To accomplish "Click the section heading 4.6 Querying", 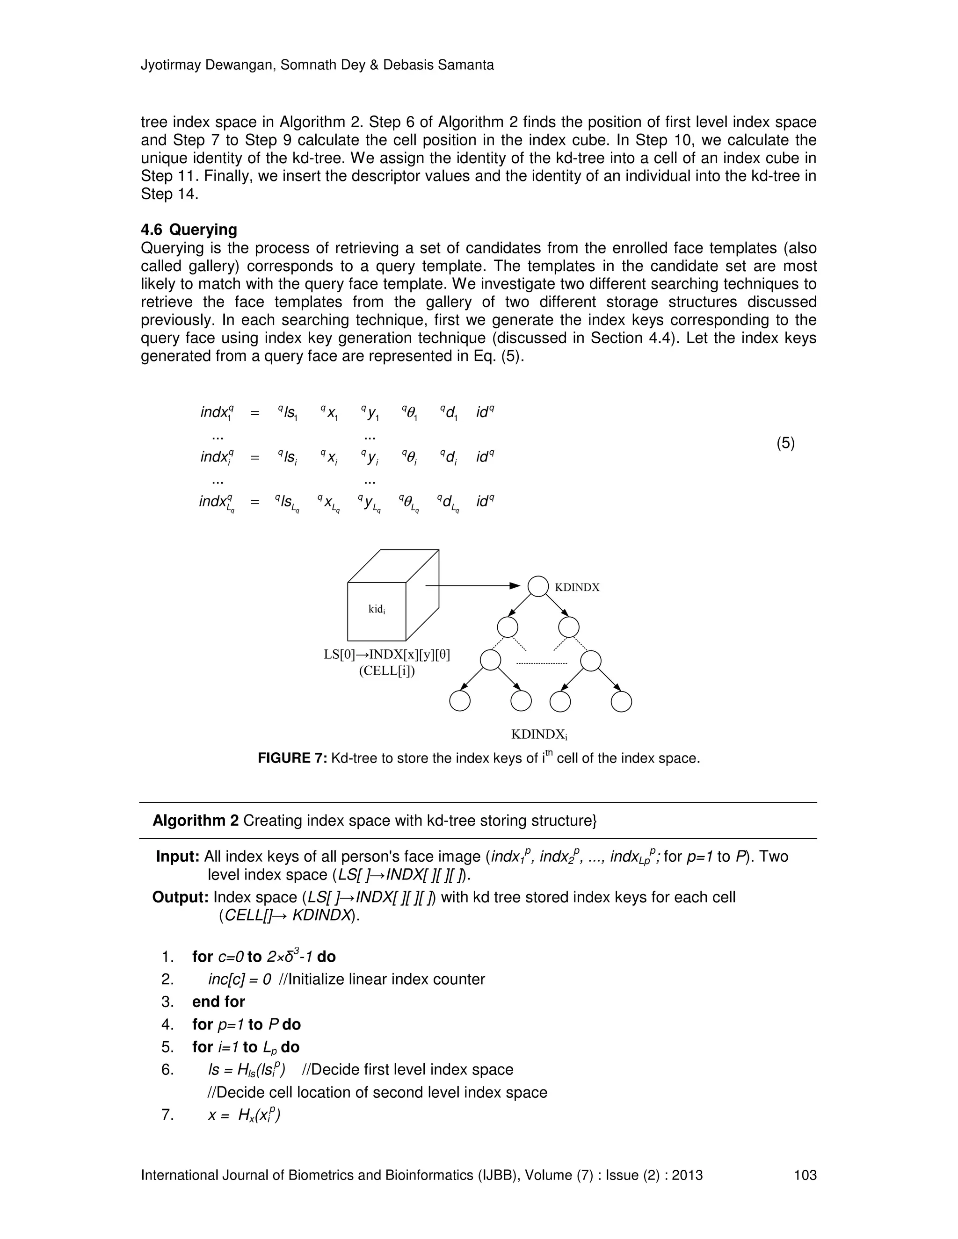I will (x=189, y=230).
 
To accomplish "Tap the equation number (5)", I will (x=785, y=443).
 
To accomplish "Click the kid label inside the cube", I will (x=377, y=609).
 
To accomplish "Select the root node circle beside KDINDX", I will (x=538, y=587).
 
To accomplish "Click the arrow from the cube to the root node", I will (x=471, y=585).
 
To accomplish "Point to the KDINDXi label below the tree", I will (x=539, y=734).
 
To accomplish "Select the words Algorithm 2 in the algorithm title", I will (x=195, y=821).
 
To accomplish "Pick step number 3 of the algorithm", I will (x=167, y=1001).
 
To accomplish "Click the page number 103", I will (x=805, y=1175).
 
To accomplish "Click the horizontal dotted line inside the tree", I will (x=543, y=663).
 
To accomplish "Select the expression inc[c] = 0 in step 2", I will (x=239, y=979).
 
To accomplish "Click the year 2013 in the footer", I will (x=687, y=1175).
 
